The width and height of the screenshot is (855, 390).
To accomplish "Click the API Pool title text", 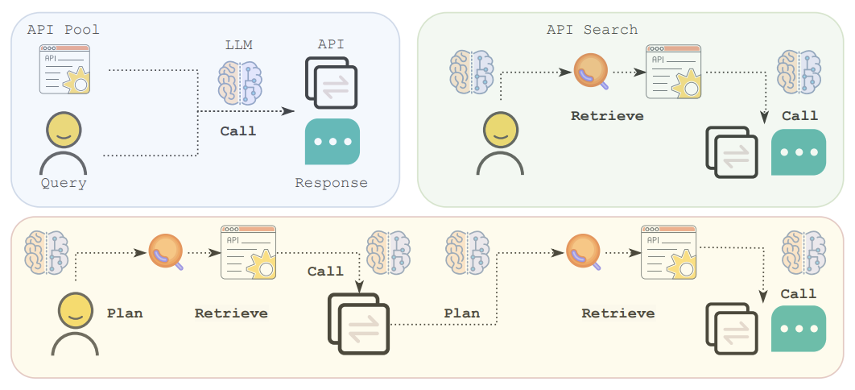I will [x=64, y=29].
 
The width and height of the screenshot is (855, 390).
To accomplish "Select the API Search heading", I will [x=592, y=29].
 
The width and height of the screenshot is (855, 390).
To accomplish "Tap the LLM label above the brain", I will [x=238, y=45].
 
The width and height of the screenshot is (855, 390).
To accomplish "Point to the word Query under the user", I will [x=64, y=183].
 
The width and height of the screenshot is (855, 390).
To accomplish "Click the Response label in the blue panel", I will [x=331, y=183].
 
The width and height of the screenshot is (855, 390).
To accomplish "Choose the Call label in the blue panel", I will [x=238, y=131].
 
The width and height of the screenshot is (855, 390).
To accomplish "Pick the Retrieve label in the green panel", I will [x=607, y=115].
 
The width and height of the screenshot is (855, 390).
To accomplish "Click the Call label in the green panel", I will [x=799, y=115].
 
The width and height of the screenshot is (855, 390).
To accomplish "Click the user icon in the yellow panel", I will [x=75, y=323].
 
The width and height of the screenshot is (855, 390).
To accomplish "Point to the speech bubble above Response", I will [x=332, y=142].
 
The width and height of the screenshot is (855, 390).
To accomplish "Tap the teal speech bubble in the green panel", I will [x=799, y=151].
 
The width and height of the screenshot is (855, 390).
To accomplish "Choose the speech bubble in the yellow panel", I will [x=799, y=328].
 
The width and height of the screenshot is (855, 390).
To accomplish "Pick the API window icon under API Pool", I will [x=65, y=69].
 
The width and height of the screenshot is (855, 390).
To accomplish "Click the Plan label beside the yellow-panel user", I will [x=125, y=313].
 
